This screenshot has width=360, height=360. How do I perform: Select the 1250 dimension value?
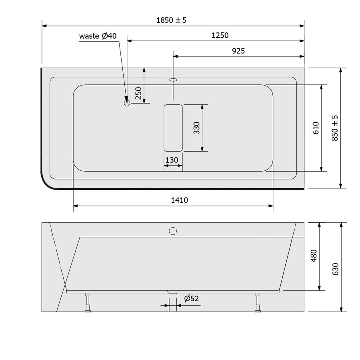[220, 35]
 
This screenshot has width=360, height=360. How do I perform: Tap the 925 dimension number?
[238, 51]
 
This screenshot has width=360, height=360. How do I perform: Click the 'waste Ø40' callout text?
[98, 36]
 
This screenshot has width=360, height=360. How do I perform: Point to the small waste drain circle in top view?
[127, 103]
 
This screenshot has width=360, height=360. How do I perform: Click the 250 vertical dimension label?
[138, 93]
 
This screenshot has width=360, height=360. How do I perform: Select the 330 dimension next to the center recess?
[196, 128]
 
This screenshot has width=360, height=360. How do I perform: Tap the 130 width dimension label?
[172, 160]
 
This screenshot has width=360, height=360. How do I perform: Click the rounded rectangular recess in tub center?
[173, 128]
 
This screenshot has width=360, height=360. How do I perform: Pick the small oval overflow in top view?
[173, 80]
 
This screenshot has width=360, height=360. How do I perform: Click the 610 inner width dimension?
[316, 128]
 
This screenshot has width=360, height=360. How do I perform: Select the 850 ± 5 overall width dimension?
[335, 128]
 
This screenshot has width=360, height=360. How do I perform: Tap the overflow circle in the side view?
[173, 231]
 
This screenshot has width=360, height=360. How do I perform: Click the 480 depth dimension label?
[314, 256]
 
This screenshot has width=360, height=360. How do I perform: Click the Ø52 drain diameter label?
[192, 298]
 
